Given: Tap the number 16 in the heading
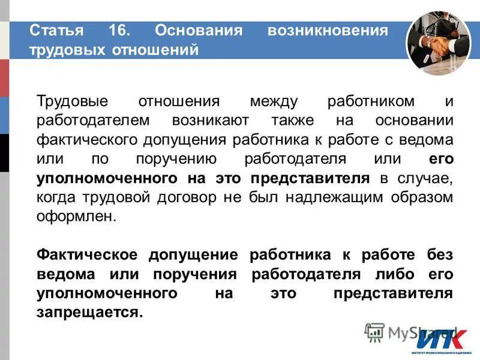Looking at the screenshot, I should click(121, 30).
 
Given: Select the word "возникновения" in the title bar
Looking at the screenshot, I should click(328, 30).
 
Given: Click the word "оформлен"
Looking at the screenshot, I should click(74, 217).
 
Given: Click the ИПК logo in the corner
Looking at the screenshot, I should click(440, 340).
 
